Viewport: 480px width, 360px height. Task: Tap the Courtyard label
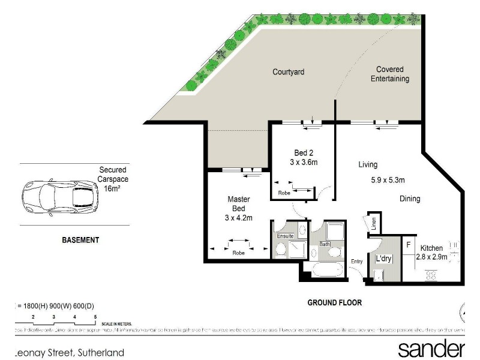[289, 72]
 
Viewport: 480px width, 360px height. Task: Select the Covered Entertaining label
[389, 74]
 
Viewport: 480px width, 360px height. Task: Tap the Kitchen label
[431, 248]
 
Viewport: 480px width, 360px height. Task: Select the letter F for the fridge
[408, 245]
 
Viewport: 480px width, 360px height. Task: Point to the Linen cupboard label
[373, 223]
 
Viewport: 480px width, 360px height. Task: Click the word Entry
[357, 261]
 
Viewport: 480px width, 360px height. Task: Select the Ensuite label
[285, 236]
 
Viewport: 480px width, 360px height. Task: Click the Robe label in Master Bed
[238, 253]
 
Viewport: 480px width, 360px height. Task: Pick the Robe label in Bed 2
[284, 193]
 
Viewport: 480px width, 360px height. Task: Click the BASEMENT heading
[80, 240]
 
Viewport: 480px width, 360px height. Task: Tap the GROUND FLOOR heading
[335, 302]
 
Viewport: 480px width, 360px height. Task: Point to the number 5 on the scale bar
[95, 316]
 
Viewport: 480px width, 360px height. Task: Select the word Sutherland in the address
[99, 353]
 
